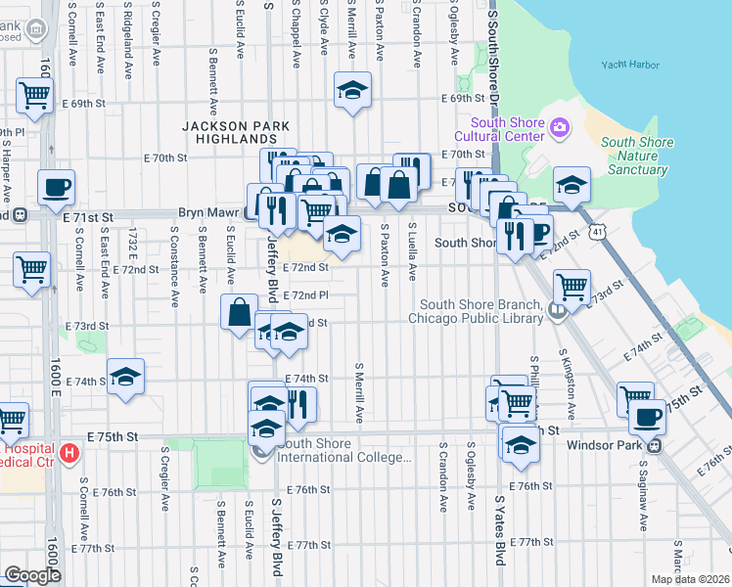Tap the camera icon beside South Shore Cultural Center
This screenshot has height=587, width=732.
pyautogui.click(x=561, y=126)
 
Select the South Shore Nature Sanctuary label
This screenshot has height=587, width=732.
pyautogui.click(x=637, y=156)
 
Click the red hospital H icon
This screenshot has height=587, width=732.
pyautogui.click(x=69, y=453)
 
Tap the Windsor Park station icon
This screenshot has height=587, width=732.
pyautogui.click(x=656, y=445)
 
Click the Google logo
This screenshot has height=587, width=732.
pyautogui.click(x=32, y=575)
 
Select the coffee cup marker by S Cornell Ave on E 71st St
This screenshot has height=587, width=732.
pyautogui.click(x=56, y=186)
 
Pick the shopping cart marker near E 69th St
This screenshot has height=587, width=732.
pyautogui.click(x=34, y=96)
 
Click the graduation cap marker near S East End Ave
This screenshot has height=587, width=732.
pyautogui.click(x=126, y=377)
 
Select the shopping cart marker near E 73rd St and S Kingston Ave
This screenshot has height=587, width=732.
pyautogui.click(x=572, y=287)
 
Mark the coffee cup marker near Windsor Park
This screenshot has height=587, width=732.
pyautogui.click(x=646, y=417)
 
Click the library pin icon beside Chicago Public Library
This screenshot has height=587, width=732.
pyautogui.click(x=557, y=312)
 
